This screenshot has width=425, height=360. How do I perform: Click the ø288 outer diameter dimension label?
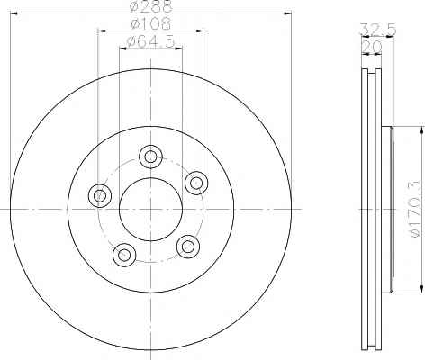click(x=151, y=6)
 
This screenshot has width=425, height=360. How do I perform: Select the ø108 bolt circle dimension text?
click(x=151, y=23)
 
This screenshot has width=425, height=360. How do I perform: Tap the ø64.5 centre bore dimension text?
click(x=151, y=41)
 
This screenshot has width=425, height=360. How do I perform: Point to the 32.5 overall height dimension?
click(x=378, y=30)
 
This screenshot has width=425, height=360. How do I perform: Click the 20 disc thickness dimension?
click(x=372, y=47)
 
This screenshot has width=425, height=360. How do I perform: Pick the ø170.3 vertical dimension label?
click(x=416, y=210)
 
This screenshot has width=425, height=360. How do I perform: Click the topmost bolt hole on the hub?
click(x=150, y=157)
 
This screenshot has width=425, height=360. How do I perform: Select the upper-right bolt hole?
click(x=196, y=183)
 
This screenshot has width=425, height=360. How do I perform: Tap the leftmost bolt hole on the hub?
click(x=100, y=195)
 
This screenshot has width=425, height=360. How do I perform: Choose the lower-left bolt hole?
click(x=124, y=255)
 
